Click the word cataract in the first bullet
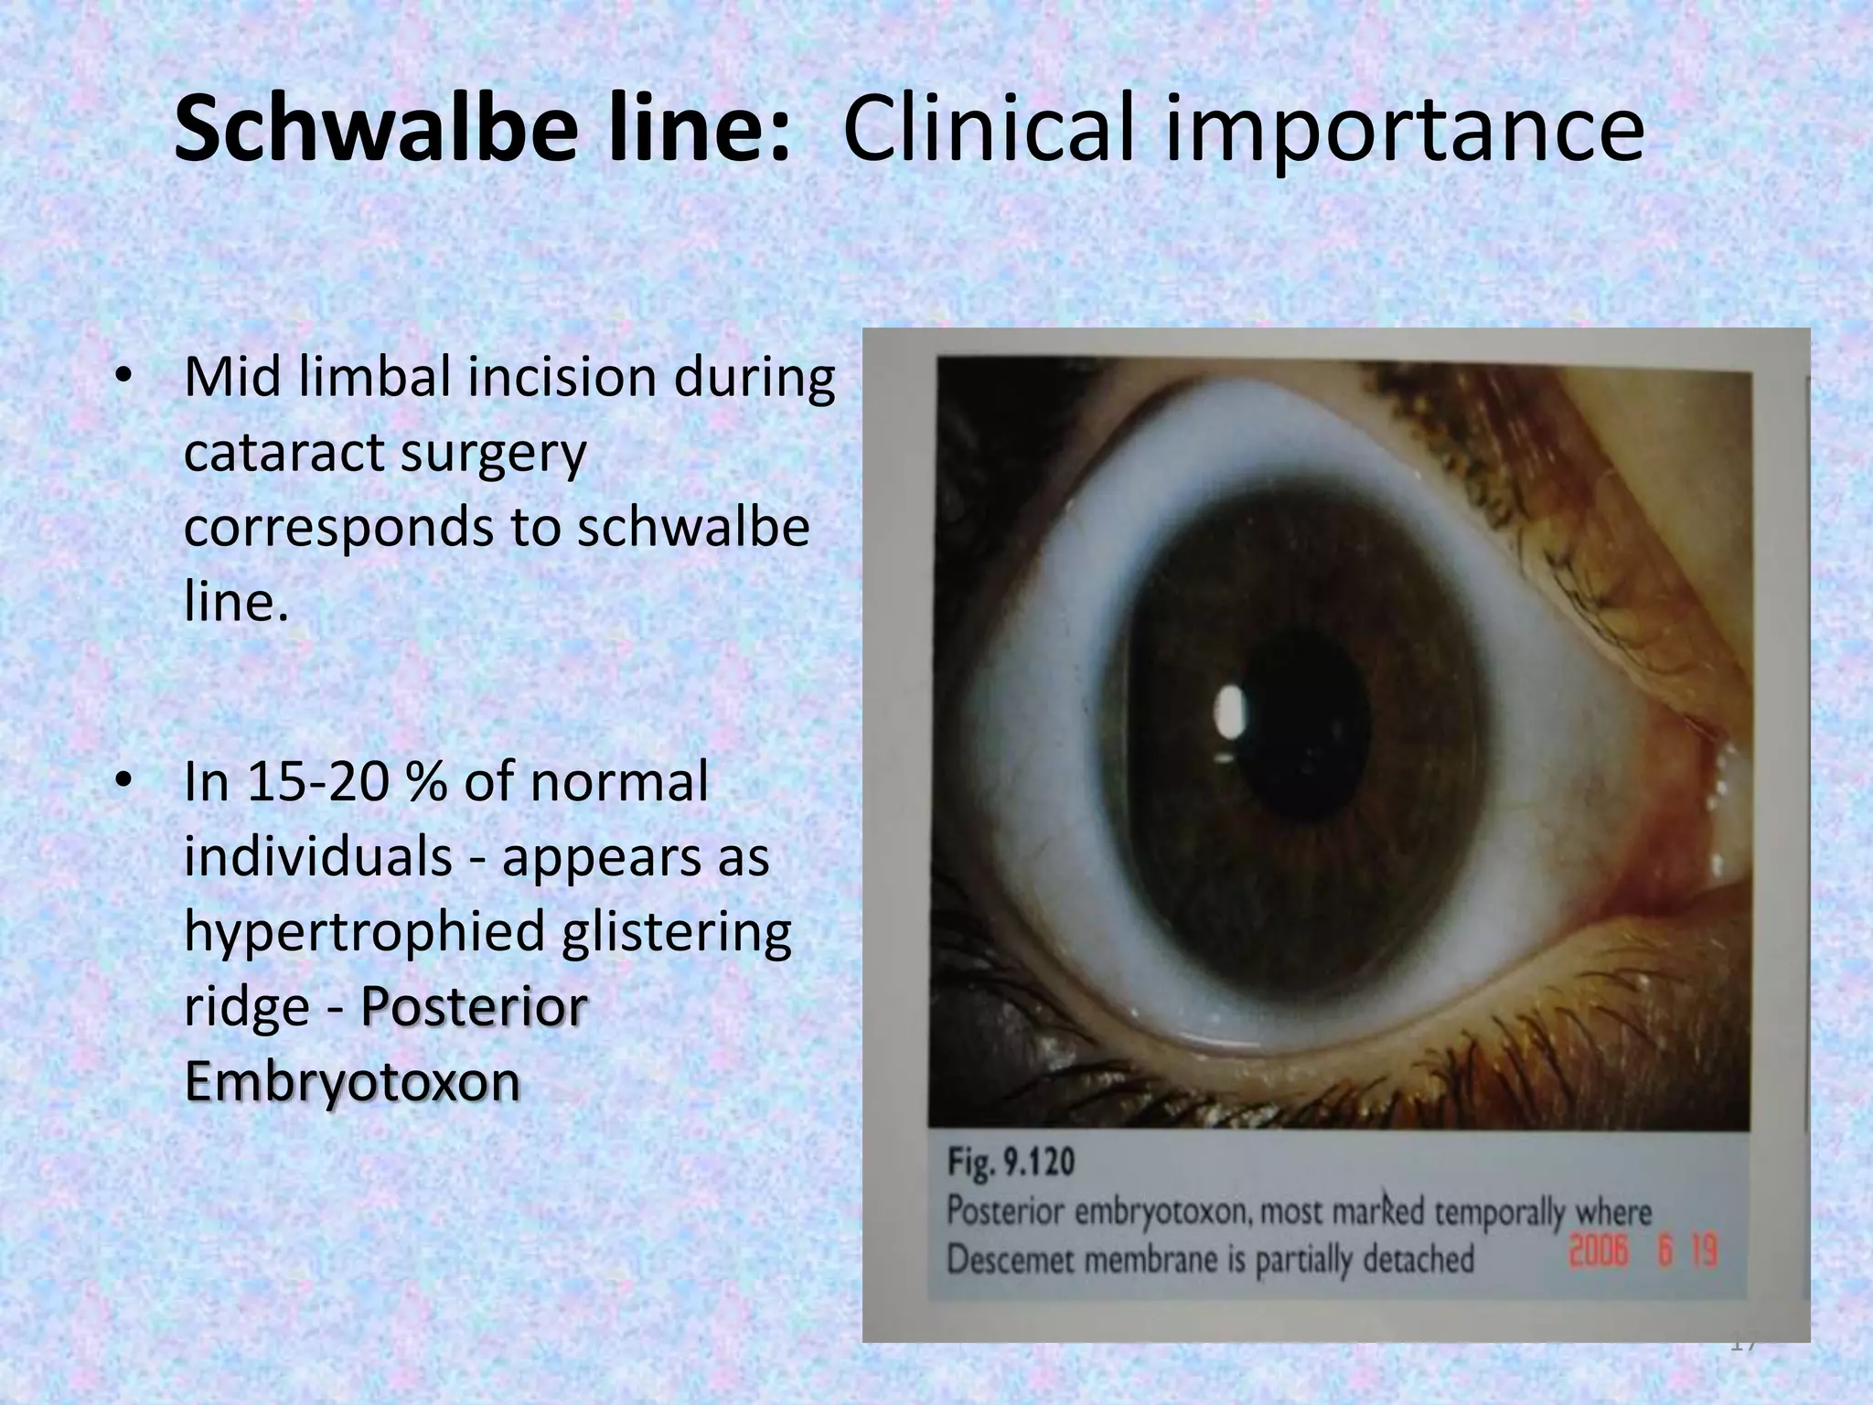click(x=281, y=453)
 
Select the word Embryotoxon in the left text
click(x=352, y=1081)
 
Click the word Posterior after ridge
click(x=473, y=1006)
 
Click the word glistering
click(x=677, y=933)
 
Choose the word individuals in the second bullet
click(x=317, y=858)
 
